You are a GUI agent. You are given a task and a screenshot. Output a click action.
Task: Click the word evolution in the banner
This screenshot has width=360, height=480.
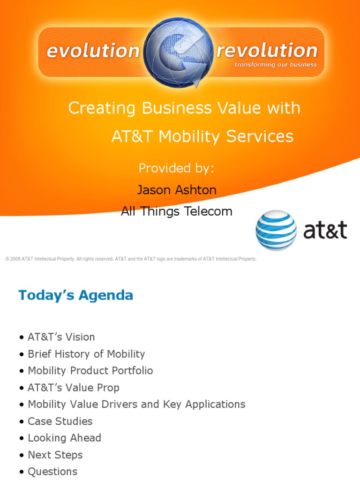93,51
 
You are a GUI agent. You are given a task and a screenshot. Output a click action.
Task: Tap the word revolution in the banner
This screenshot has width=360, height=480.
267,51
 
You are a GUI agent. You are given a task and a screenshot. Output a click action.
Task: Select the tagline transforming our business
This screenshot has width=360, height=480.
276,65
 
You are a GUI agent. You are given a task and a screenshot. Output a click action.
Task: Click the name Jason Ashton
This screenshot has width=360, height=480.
176,189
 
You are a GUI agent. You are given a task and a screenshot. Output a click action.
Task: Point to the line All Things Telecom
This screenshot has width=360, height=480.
176,211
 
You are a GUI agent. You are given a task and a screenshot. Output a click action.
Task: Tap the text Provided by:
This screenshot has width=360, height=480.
176,168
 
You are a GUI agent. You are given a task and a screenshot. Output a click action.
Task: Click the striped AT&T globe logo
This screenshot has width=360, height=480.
276,230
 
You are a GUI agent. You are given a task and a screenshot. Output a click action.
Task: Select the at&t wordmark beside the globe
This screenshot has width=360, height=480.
325,231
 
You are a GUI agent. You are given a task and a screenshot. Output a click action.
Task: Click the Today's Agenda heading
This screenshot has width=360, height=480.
75,295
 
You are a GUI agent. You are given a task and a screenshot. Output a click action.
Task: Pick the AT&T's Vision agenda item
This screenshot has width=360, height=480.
61,337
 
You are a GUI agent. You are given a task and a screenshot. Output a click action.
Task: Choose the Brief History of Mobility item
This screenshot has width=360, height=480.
86,354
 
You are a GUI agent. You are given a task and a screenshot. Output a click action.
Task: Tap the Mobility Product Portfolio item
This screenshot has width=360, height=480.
90,371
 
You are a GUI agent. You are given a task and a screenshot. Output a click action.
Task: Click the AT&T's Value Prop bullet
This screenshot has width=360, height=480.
73,388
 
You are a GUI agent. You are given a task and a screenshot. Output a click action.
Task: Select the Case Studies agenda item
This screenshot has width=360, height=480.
60,421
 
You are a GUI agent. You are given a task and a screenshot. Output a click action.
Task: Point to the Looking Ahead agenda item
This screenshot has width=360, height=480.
64,438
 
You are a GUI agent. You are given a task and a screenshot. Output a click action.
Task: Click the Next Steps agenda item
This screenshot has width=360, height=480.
55,455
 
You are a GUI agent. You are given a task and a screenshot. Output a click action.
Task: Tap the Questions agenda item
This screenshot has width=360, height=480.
52,472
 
